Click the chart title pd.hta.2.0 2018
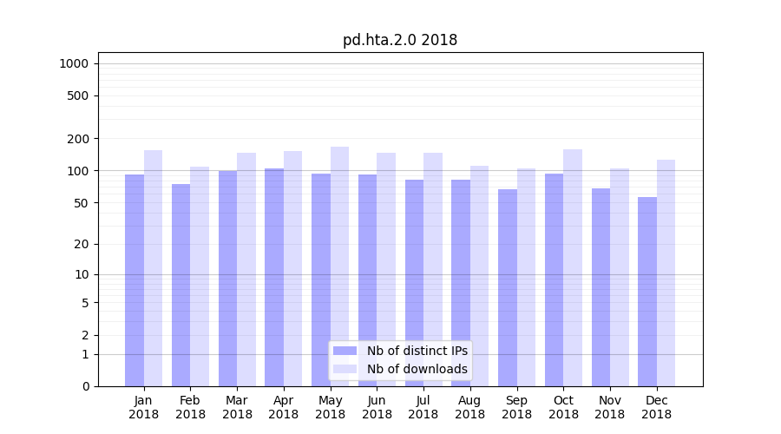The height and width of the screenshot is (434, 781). click(400, 40)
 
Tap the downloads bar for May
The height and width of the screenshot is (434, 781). click(339, 266)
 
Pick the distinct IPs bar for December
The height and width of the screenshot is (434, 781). click(647, 291)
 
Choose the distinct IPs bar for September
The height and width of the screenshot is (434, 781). click(508, 287)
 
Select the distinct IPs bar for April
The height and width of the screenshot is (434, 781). click(274, 277)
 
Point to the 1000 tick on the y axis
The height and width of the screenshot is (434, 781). click(74, 63)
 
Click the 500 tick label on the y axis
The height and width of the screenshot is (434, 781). click(78, 95)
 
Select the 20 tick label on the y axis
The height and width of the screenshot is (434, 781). click(82, 244)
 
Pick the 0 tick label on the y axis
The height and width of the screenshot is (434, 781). click(85, 386)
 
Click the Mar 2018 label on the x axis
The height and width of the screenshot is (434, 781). click(237, 407)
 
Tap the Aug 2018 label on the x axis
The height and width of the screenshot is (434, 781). click(469, 407)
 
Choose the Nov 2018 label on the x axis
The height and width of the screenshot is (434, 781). click(610, 407)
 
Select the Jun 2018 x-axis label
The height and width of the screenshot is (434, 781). click(377, 407)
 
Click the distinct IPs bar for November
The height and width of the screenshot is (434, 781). click(601, 287)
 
